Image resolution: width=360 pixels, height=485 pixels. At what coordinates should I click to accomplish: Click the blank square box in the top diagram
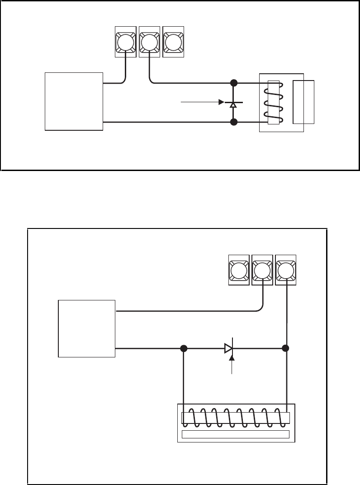point(74,101)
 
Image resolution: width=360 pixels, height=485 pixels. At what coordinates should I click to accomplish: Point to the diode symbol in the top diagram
point(233,104)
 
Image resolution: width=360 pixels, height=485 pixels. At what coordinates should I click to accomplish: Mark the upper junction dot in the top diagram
point(233,83)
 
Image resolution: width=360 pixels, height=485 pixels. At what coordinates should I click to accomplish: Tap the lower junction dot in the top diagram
point(233,122)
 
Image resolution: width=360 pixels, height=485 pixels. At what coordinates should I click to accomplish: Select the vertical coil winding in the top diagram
point(274,102)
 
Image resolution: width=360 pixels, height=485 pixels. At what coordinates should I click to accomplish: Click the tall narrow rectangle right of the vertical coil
point(303,102)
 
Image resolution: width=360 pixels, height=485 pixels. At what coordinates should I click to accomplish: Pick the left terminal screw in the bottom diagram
point(238,271)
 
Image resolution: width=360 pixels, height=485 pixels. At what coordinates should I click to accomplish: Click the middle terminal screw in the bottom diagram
point(262,271)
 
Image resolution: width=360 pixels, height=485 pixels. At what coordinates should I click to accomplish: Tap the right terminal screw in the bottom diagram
point(285,271)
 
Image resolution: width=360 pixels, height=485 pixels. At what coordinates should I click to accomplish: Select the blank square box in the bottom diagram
point(87,328)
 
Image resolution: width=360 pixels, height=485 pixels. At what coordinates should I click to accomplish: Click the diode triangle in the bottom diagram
point(229,349)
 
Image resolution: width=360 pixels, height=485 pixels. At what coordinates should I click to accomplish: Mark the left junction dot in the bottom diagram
point(184,349)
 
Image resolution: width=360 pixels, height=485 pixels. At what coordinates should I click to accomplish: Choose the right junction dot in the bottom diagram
point(286,349)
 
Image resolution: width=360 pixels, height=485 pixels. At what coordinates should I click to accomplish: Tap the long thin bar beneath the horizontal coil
point(235,434)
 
